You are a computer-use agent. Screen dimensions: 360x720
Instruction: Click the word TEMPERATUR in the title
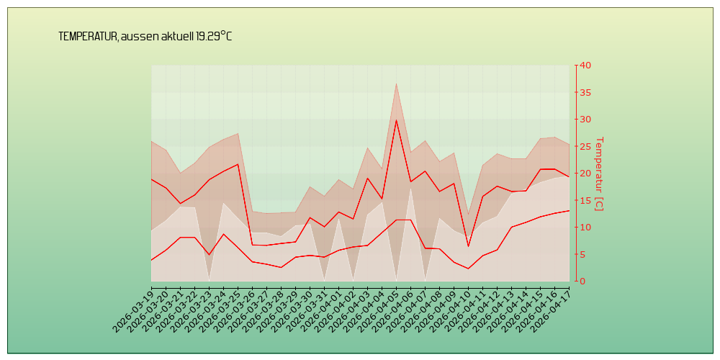pos(87,37)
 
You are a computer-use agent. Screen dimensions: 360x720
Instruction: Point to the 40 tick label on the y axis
pos(585,66)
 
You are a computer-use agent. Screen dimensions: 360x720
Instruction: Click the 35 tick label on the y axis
pos(585,92)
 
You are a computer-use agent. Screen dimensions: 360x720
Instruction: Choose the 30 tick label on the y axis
pos(585,120)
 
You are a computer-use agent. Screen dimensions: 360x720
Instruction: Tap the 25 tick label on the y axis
pos(585,146)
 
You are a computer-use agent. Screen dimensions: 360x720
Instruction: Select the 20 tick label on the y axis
pos(585,174)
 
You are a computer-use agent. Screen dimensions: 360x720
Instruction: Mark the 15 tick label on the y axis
pos(585,200)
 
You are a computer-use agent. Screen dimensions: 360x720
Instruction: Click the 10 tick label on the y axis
pos(585,228)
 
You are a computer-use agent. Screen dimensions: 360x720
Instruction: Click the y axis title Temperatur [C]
pos(599,174)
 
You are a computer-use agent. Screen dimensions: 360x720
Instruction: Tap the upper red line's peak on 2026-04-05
pos(396,120)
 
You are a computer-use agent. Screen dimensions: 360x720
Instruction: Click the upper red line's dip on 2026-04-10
pos(468,246)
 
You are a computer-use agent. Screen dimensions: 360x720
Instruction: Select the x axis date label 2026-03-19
pos(132,309)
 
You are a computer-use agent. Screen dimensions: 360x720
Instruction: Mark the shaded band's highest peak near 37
pos(396,84)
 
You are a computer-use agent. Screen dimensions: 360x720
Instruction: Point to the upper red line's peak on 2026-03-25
pos(238,164)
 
